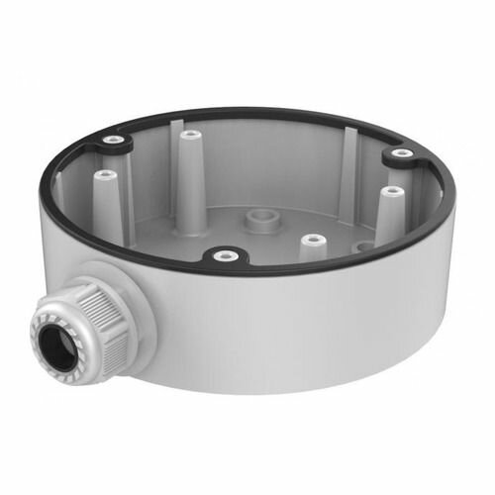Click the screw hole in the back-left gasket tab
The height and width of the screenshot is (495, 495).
[114, 141]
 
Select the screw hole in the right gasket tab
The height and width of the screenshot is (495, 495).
[400, 154]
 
